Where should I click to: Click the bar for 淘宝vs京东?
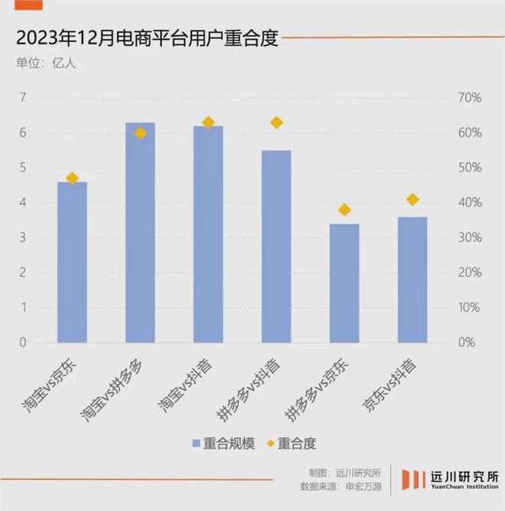[72, 262]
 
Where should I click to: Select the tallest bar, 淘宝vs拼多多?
[140, 233]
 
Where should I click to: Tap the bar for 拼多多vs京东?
[344, 283]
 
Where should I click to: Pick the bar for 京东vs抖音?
[412, 280]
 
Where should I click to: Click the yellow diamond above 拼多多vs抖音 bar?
[277, 122]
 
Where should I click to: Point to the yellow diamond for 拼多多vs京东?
[344, 210]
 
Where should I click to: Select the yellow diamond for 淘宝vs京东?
[72, 178]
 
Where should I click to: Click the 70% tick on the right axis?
[469, 98]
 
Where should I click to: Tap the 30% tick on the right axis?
[469, 238]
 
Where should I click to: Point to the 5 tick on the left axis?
[23, 168]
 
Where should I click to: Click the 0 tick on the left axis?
[23, 343]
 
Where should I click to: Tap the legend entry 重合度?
[291, 443]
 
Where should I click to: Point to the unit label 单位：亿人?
[46, 63]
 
